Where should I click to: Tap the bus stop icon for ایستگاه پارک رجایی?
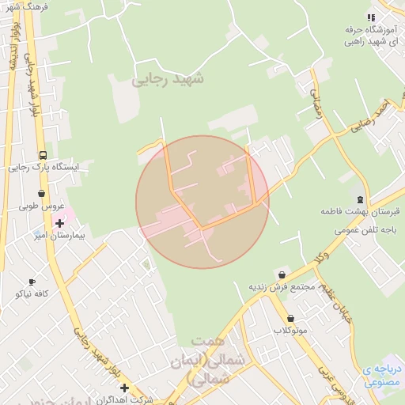(x=42, y=155)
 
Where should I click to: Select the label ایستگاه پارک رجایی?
(x=49, y=168)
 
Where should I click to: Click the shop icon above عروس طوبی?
(x=41, y=193)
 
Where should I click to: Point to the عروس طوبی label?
(x=40, y=206)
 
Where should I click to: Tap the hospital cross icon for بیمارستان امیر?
(x=59, y=223)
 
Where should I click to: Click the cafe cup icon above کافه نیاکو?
(x=32, y=282)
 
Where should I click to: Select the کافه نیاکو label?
(x=32, y=293)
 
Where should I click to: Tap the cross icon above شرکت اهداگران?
(x=123, y=387)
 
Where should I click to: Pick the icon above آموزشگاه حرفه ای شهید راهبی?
(x=370, y=17)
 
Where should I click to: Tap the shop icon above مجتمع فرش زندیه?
(x=282, y=274)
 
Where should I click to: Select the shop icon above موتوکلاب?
(x=291, y=318)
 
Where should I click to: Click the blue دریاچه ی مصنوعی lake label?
(x=384, y=375)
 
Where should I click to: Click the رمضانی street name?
(x=317, y=104)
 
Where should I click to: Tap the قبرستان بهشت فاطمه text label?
(x=361, y=212)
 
